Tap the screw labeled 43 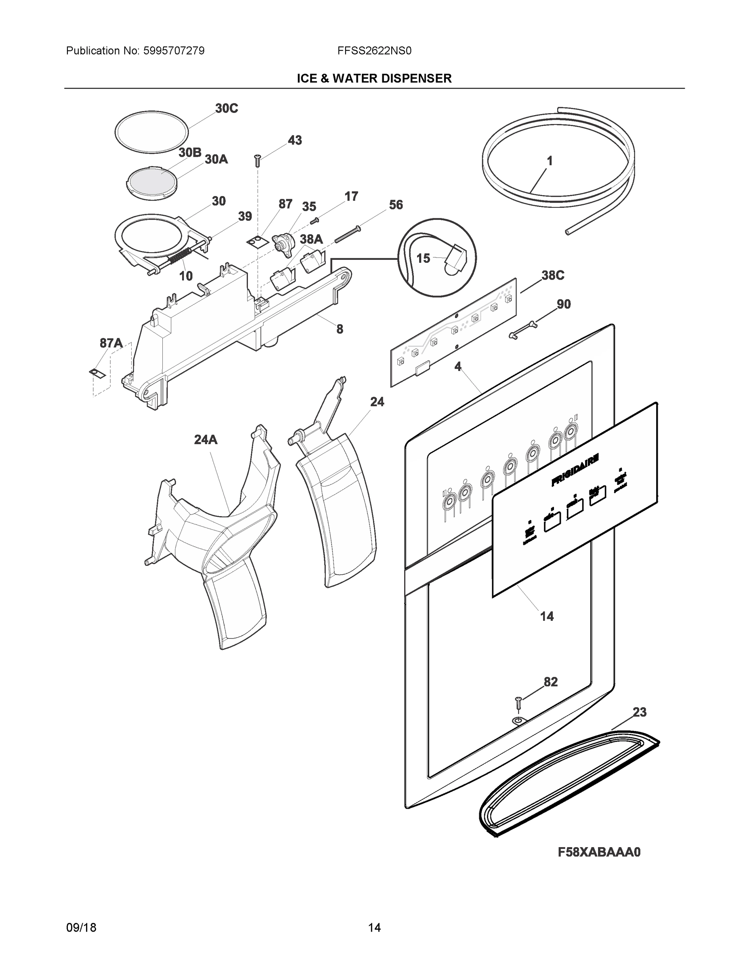click(257, 160)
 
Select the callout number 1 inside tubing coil click(549, 161)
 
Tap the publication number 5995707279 click(174, 51)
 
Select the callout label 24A click(206, 440)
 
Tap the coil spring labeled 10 click(180, 257)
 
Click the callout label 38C click(552, 275)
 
